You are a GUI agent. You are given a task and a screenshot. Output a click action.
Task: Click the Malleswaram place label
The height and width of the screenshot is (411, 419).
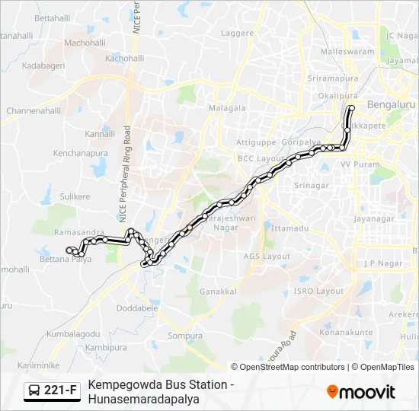coord(348,52)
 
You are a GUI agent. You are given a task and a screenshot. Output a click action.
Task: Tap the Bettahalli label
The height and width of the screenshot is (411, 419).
coord(52,18)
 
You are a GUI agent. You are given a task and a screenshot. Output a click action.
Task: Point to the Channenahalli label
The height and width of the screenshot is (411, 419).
coord(34,110)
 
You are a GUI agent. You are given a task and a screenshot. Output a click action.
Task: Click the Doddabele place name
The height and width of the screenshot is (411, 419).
coord(136,308)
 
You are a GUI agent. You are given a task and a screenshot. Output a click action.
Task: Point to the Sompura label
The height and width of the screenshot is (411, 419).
coord(185,336)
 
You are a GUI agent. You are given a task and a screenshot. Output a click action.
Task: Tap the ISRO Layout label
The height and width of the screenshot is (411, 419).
coord(319,292)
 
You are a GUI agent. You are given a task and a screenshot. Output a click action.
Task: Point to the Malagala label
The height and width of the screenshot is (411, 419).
coord(227,108)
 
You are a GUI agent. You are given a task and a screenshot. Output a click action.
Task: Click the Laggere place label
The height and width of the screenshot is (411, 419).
coord(237,33)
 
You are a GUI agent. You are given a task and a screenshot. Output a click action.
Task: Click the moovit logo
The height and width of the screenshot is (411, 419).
coord(360,392)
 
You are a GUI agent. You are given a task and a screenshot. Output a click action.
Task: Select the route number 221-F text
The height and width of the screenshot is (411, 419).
coord(60,391)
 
